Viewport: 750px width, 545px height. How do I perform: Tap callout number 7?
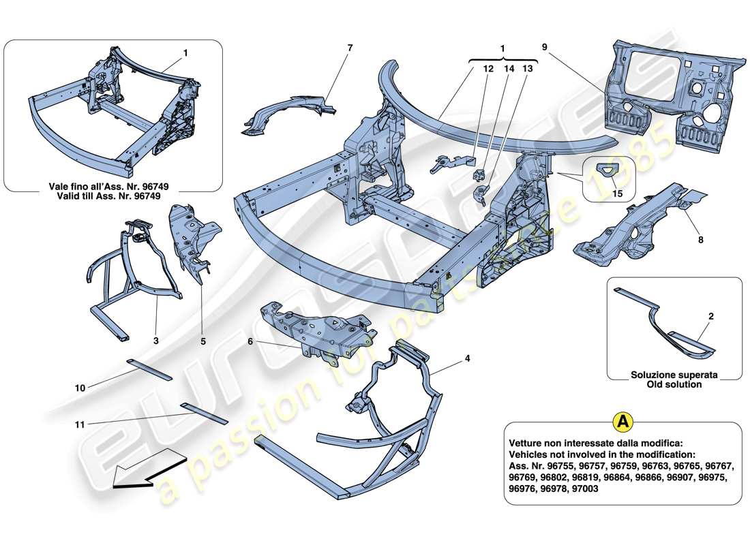350,48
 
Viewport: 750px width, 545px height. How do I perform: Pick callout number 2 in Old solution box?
711,316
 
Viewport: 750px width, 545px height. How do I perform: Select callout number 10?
80,387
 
